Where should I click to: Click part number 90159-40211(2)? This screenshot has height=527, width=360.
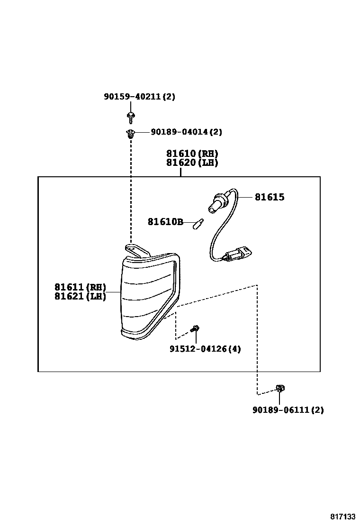(x=139, y=97)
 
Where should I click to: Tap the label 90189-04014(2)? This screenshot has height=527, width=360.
(x=186, y=132)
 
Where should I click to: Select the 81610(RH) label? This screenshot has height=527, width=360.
(x=192, y=154)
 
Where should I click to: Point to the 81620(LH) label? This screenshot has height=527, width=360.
(x=192, y=163)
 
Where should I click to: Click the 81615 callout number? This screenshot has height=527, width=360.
(x=270, y=197)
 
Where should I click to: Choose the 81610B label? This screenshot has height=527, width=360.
(x=165, y=222)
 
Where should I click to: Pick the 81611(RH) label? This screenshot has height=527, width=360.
(x=80, y=287)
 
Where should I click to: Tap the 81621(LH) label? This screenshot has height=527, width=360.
(x=80, y=297)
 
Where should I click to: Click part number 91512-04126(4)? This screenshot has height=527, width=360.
(x=205, y=349)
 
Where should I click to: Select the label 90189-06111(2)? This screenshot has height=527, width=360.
(x=288, y=410)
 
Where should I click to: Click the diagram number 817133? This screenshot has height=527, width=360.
(x=342, y=516)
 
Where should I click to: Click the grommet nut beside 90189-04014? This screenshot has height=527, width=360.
(x=130, y=133)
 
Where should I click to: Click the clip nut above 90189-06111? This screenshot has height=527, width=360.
(x=280, y=389)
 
